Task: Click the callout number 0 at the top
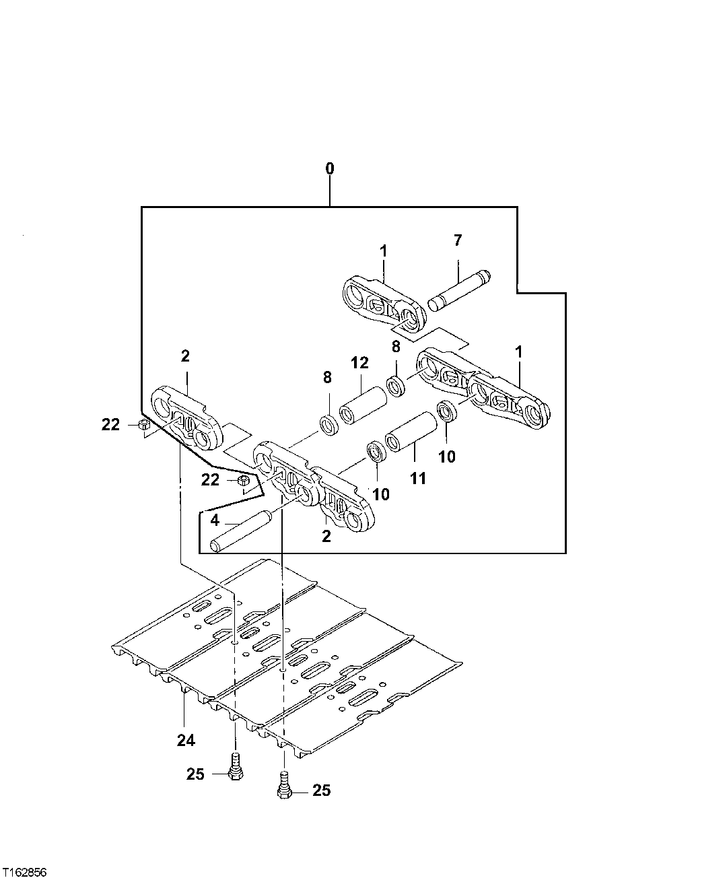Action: pyautogui.click(x=330, y=168)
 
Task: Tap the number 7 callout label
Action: pyautogui.click(x=458, y=240)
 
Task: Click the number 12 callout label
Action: pyautogui.click(x=359, y=363)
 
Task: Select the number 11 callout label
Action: pyautogui.click(x=418, y=479)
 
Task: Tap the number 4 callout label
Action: pyautogui.click(x=214, y=520)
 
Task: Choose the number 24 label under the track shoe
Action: pyautogui.click(x=186, y=740)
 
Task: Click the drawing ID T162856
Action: pyautogui.click(x=24, y=871)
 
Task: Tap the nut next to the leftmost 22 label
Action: pyautogui.click(x=143, y=425)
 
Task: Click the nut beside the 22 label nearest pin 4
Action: pyautogui.click(x=245, y=481)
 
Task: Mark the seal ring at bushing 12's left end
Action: pyautogui.click(x=329, y=425)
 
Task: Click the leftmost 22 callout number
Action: pyautogui.click(x=111, y=425)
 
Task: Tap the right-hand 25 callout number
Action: pyautogui.click(x=321, y=790)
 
